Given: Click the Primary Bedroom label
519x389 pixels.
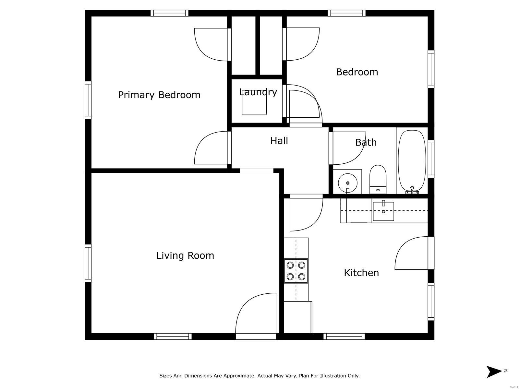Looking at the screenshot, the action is (x=159, y=95).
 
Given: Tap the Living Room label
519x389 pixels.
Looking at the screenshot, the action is (x=185, y=255).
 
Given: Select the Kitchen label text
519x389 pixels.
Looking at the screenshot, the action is (x=361, y=273).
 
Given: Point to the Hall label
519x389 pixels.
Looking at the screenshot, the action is (x=279, y=141).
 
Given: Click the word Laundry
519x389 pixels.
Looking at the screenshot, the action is (x=258, y=92).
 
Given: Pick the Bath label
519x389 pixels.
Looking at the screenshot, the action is (x=366, y=142).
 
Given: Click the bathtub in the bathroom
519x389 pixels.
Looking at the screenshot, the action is (x=412, y=162).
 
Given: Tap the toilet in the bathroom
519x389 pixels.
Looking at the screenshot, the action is (x=378, y=180).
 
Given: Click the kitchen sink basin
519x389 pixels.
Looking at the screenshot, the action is (x=383, y=211).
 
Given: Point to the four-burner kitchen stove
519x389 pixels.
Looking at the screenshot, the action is (x=296, y=271).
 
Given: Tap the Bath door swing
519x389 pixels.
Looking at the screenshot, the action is (x=349, y=148).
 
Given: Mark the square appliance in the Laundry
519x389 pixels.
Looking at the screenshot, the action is (x=254, y=106).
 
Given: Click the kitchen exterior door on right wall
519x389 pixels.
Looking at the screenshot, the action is (x=412, y=253).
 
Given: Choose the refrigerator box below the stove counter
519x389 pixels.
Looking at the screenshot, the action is (x=298, y=317).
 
